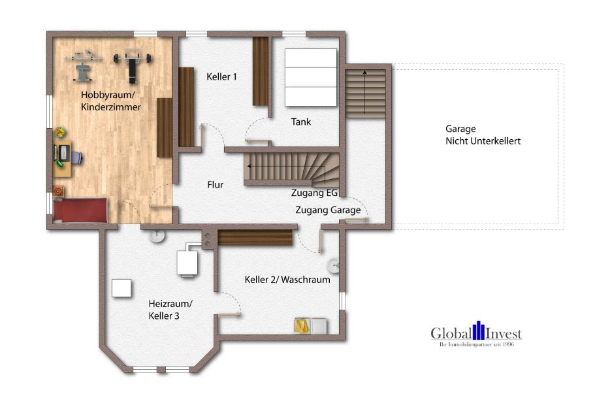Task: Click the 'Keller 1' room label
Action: coord(221,76)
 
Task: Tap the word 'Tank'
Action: coord(301,122)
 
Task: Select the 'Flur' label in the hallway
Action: coord(215,185)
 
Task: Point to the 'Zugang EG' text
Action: coord(314,193)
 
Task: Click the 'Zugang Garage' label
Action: coord(328,210)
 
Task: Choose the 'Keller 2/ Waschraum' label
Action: coord(287,280)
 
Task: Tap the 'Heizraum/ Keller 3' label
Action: coord(170,310)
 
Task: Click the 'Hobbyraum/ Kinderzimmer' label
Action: coord(110,101)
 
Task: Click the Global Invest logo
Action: coord(475,334)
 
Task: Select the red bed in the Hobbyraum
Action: coord(80,210)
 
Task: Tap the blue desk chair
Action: coord(76,157)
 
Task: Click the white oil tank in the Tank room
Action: coord(310,77)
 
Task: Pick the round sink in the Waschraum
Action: coord(334,266)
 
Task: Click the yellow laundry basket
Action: coord(302,325)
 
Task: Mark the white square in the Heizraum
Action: coord(121,288)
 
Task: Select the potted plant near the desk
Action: coord(60,133)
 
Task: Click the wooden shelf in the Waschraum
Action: coord(255,238)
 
